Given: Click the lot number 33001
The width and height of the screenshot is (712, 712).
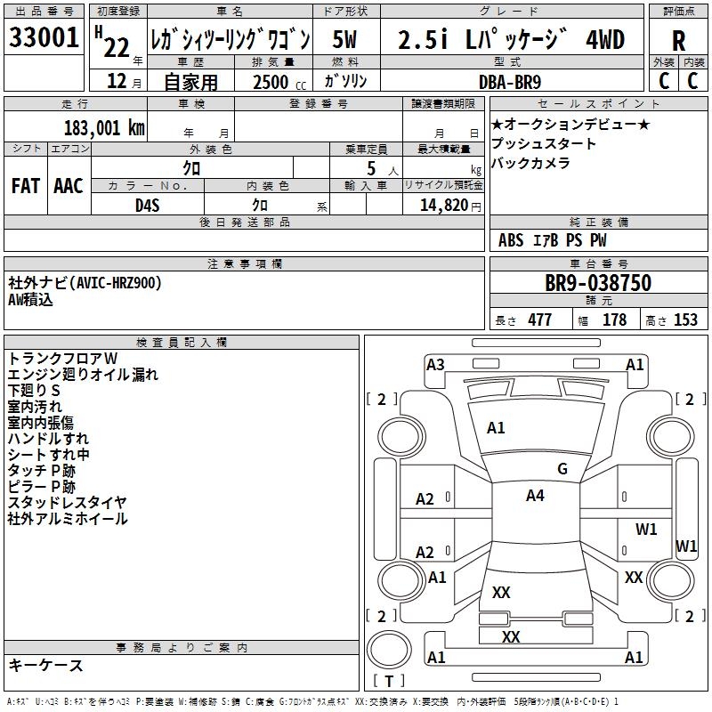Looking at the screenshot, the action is (x=44, y=38).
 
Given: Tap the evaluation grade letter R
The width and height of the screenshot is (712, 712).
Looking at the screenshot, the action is (x=678, y=40).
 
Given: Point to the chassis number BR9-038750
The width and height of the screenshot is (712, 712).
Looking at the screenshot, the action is (x=597, y=284).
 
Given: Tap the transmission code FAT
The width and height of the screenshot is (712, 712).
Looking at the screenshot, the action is (x=26, y=186).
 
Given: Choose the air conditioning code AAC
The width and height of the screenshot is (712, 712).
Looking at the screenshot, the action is (x=69, y=186).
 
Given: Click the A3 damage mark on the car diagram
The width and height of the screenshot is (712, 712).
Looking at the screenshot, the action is (x=435, y=364).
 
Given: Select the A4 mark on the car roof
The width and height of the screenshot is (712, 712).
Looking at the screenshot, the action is (x=535, y=496).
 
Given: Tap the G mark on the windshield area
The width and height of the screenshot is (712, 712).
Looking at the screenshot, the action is (x=562, y=469).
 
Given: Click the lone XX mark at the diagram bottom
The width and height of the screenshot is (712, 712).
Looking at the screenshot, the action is (x=511, y=637).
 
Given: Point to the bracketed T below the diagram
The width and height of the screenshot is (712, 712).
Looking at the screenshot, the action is (x=388, y=681).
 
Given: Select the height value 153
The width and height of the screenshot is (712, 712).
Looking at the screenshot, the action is (x=685, y=320).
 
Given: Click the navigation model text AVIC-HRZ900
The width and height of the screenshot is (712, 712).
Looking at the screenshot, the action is (x=115, y=283).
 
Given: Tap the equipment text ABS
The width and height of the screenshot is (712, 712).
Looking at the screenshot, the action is (x=511, y=240).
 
